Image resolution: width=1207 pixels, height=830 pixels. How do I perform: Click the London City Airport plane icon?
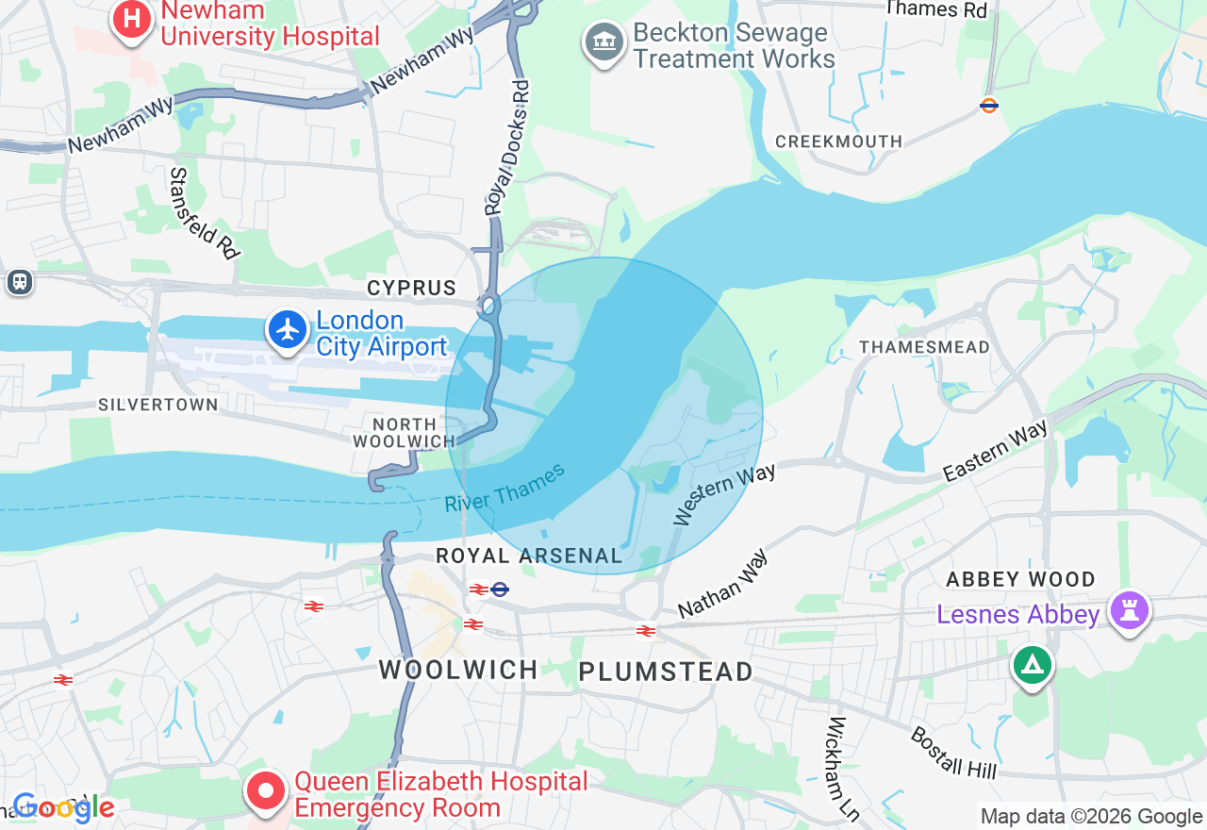pos(288,330)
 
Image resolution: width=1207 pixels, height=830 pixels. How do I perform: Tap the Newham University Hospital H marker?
pos(132,20)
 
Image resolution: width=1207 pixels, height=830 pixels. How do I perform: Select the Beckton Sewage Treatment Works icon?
pos(604,41)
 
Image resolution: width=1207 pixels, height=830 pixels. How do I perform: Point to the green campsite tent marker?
pos(1032,665)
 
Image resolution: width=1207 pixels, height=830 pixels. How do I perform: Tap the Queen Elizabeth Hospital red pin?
pos(266,791)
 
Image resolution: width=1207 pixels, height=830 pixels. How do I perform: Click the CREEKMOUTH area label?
pos(838,141)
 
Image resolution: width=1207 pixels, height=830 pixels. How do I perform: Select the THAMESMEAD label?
pos(924,347)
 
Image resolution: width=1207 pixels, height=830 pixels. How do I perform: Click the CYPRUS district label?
pos(411,288)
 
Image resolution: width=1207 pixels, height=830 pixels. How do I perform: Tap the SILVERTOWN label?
pos(158,405)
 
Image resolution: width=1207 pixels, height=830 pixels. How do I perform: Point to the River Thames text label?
pos(504,488)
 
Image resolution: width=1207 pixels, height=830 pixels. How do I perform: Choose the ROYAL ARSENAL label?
pos(529,556)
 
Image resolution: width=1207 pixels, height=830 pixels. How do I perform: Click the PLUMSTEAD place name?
pos(666,672)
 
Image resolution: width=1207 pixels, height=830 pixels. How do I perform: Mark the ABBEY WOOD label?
pos(1020,579)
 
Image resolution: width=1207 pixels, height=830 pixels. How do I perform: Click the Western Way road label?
pos(724,493)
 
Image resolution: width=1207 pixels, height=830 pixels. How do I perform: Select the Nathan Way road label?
pos(722,584)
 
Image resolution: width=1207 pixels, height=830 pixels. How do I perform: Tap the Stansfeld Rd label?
pos(205,213)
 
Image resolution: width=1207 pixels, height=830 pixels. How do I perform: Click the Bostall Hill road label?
pos(953,752)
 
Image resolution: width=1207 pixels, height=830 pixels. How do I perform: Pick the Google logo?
pos(63,807)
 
